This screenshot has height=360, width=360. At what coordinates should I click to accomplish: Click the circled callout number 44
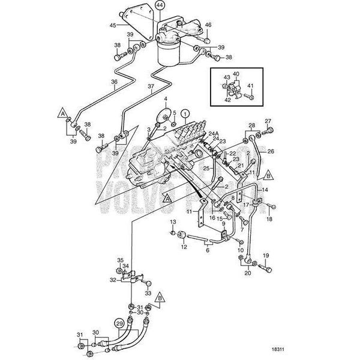pos(142,5)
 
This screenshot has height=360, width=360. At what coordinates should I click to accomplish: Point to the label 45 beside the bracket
pos(112,25)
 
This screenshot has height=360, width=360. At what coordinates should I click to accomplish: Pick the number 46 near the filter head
pos(208,25)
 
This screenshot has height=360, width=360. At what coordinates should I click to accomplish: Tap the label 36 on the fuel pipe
pos(115,82)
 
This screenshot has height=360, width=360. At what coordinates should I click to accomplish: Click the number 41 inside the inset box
pos(251,86)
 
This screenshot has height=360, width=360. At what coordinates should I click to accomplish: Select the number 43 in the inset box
pos(227,77)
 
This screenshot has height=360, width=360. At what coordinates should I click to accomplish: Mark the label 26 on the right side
pos(270,151)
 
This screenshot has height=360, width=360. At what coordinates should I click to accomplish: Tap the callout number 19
pos(266,256)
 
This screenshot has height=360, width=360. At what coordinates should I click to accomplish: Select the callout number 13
pos(172,222)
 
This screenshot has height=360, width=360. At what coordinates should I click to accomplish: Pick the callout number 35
pos(119,259)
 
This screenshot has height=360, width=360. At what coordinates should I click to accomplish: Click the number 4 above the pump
pos(166,98)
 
